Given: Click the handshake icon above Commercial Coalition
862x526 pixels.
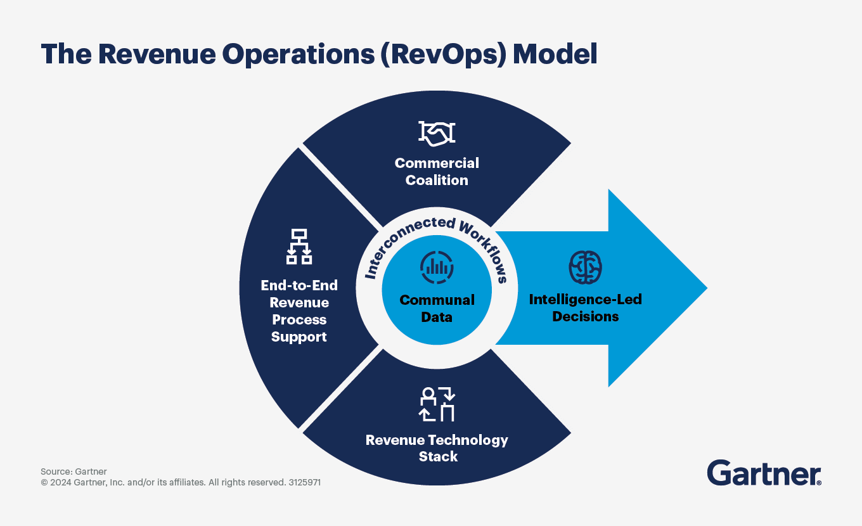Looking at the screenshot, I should [x=437, y=132].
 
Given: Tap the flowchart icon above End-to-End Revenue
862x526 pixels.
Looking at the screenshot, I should [x=299, y=247].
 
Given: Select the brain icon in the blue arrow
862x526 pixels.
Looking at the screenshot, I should [x=585, y=267].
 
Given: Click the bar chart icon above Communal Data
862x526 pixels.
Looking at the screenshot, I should [x=437, y=267].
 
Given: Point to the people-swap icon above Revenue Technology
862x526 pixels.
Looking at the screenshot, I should [x=437, y=404].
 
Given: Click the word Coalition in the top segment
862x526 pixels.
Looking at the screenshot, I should [x=437, y=180].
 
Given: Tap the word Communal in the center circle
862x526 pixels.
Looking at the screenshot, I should [x=437, y=300].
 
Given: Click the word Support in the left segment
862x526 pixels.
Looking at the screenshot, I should [x=299, y=337].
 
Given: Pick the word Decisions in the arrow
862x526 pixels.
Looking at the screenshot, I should [x=585, y=316].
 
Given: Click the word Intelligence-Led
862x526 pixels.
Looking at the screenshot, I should [x=585, y=299].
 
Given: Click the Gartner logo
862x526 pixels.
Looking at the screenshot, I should [x=764, y=473].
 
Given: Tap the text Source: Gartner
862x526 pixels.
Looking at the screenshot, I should [x=74, y=471].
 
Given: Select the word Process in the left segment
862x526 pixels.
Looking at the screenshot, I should [x=299, y=319].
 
